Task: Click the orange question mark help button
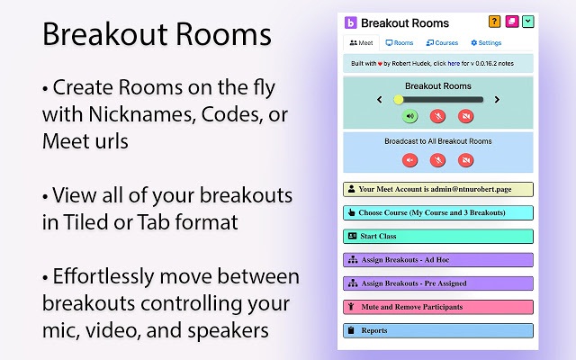pos(494,22)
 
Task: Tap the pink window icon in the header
pos(511,22)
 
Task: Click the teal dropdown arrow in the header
pos(528,22)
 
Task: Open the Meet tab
pos(361,42)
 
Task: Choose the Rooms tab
pos(400,42)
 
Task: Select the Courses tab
pos(442,42)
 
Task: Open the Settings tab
pos(486,42)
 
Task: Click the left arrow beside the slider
pos(379,100)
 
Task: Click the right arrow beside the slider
pos(497,100)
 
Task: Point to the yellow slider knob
pos(399,100)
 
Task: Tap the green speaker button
pos(409,116)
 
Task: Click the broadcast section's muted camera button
pos(465,160)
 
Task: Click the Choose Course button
pos(438,213)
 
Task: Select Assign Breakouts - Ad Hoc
pos(438,260)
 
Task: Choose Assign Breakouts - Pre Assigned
pos(438,283)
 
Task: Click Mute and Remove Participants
pos(438,307)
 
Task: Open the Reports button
pos(438,330)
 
